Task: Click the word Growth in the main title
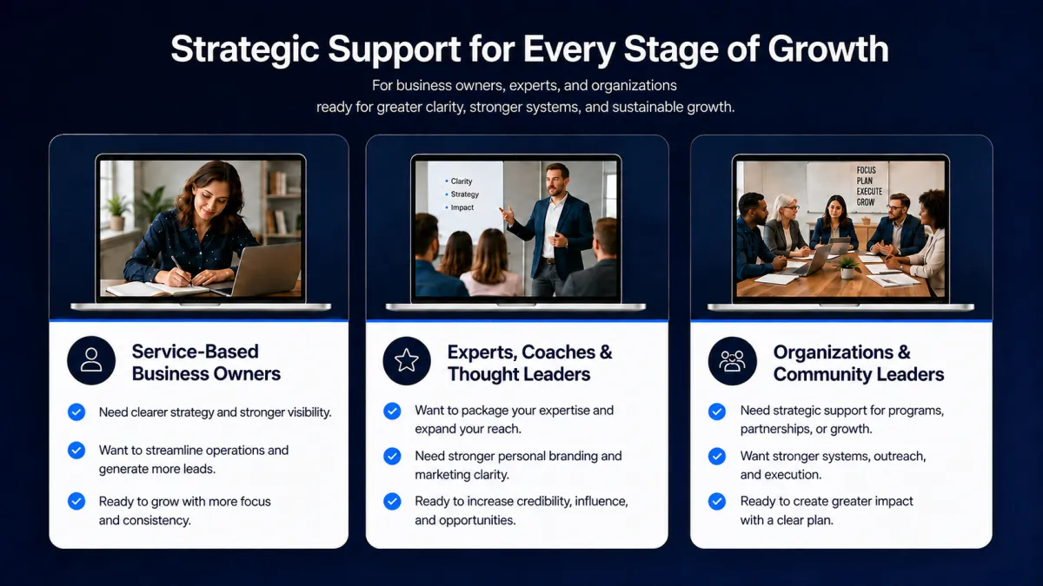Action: pos(828,49)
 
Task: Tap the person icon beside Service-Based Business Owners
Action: pos(91,360)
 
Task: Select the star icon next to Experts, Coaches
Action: pos(407,361)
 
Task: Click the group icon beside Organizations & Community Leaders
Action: pos(732,361)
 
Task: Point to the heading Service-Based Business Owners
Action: pos(206,363)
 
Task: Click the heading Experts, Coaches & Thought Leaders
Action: pos(530,363)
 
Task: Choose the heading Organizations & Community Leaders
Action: pos(859,363)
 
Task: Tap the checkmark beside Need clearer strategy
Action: pos(76,412)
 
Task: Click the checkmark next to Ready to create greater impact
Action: pos(717,502)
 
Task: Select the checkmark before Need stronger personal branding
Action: pos(392,457)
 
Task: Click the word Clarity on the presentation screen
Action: pos(462,181)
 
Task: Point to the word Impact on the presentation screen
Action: pos(462,207)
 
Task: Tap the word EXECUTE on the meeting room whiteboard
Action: pos(869,192)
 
